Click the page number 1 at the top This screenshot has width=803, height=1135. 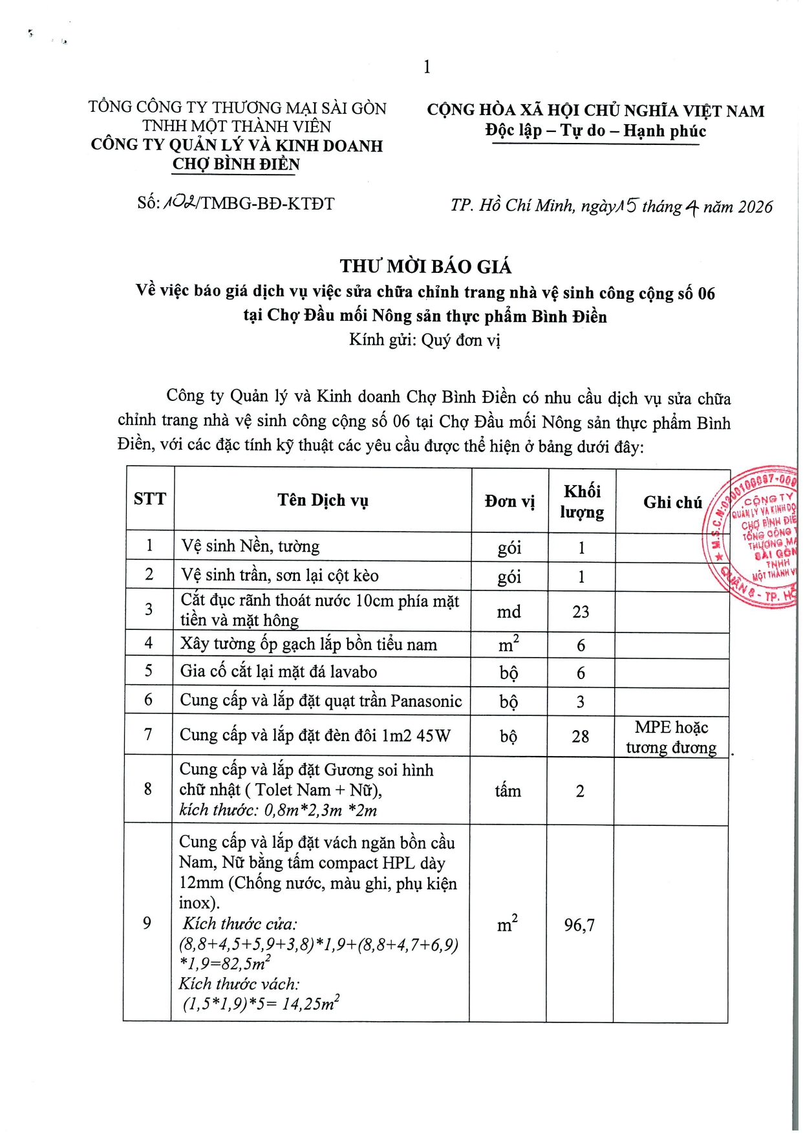click(427, 67)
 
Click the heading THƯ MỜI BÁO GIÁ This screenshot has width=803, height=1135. click(425, 266)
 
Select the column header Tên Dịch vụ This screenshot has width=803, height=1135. click(323, 500)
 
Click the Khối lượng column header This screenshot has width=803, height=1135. click(582, 501)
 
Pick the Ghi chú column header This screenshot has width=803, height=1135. click(672, 503)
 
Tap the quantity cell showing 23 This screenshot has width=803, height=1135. click(581, 612)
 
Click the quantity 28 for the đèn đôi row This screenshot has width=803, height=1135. click(581, 736)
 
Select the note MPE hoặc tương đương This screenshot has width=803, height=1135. click(671, 737)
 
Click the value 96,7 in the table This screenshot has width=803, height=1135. click(579, 925)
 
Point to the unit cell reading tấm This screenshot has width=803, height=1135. click(508, 791)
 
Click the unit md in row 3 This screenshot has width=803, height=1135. click(509, 612)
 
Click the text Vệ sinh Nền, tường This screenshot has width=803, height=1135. click(250, 546)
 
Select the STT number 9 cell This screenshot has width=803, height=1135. click(147, 923)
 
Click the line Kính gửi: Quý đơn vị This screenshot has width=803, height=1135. click(425, 340)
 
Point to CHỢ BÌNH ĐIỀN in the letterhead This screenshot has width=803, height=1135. click(236, 164)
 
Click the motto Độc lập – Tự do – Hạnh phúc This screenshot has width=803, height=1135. click(595, 131)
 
